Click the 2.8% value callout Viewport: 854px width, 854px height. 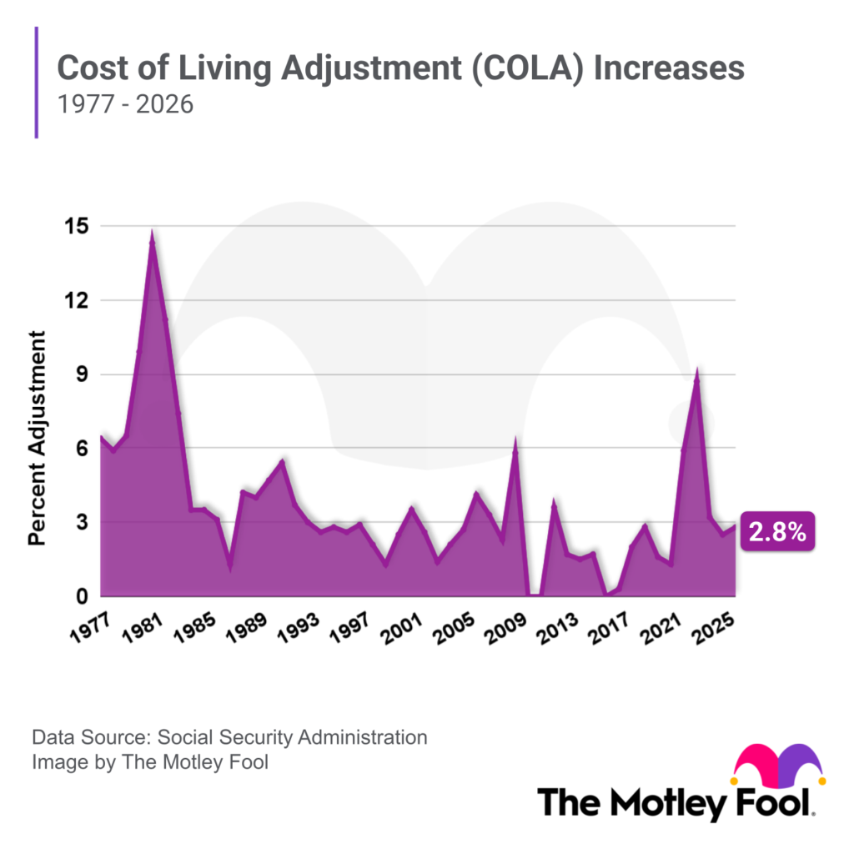[x=777, y=534]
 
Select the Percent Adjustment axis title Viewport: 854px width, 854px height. [x=38, y=438]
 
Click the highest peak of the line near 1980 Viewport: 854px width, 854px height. [x=152, y=236]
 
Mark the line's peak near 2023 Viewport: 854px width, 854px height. [x=697, y=373]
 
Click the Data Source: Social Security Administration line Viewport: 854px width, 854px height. [x=229, y=737]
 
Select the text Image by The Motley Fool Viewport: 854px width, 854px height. [x=150, y=761]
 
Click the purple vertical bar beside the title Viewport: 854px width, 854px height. [x=37, y=82]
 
